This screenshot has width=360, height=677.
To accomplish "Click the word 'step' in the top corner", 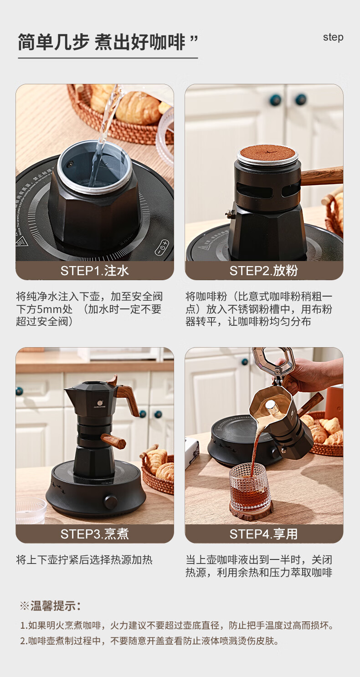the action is (x=333, y=37).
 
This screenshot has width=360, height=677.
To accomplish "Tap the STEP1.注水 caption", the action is (x=95, y=271).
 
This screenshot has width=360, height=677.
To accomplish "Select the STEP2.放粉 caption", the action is (x=263, y=271).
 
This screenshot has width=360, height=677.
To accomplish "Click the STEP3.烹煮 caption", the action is (x=95, y=534).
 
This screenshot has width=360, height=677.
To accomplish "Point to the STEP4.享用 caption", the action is (x=263, y=534).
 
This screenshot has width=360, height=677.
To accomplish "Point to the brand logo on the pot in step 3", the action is (x=100, y=404).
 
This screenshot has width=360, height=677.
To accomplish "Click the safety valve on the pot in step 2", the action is (x=231, y=213).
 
